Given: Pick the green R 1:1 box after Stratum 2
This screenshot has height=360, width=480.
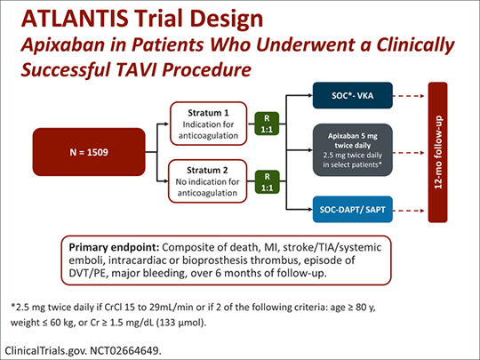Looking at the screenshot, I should (264, 180).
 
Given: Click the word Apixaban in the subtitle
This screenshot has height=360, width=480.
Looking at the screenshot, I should (57, 42).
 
